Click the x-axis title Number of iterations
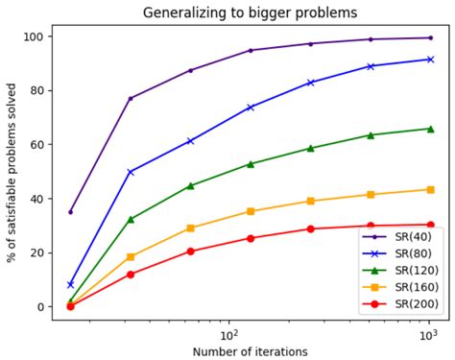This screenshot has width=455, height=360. click(x=249, y=351)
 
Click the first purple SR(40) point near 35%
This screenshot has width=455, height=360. click(x=70, y=212)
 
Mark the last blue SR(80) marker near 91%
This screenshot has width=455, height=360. click(x=429, y=60)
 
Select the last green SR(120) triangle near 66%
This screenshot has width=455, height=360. click(x=429, y=129)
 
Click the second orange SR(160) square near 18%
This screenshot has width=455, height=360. click(x=131, y=257)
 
